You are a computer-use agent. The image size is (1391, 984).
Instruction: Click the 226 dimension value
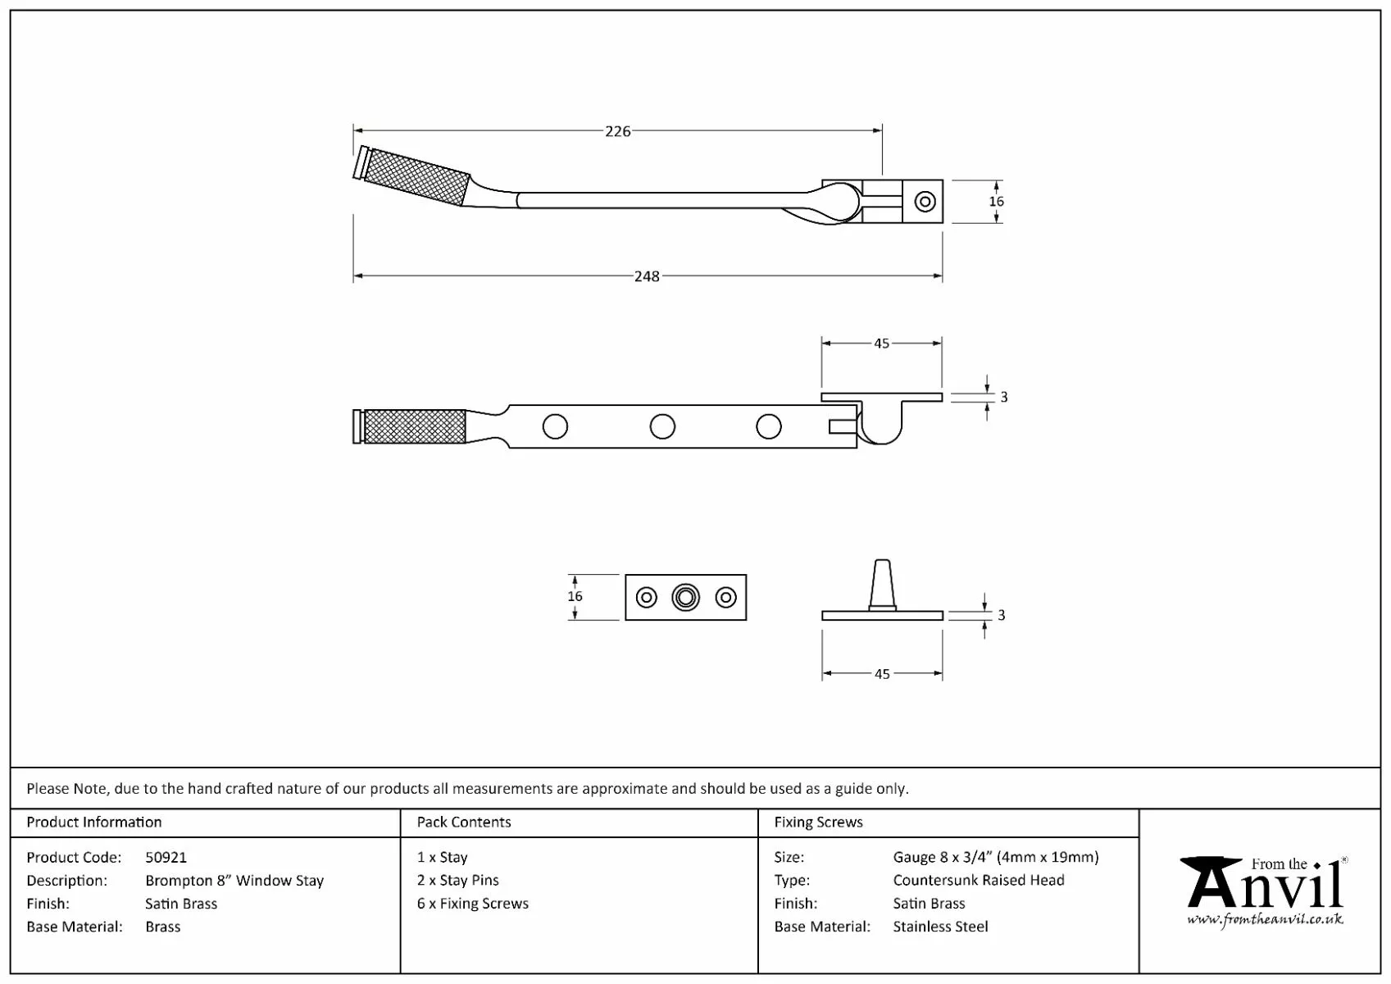tap(617, 131)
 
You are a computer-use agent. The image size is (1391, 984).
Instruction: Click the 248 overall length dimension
tap(647, 276)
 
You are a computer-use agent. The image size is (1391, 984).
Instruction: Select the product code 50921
tap(166, 857)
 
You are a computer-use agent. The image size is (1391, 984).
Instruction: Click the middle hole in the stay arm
tap(662, 426)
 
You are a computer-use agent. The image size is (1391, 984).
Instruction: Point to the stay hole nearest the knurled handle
tap(555, 426)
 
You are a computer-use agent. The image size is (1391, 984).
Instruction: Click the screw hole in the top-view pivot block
tap(925, 201)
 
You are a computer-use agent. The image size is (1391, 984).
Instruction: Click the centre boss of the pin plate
tap(685, 597)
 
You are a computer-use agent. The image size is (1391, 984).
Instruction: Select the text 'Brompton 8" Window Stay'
tap(234, 881)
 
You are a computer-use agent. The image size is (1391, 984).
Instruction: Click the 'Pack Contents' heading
tap(464, 822)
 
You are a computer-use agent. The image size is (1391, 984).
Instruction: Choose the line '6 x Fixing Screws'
tap(473, 904)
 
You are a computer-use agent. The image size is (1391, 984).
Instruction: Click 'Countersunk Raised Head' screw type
tap(979, 880)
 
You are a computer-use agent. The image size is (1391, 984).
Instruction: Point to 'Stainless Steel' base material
tap(940, 927)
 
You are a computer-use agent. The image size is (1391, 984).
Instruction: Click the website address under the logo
tap(1265, 919)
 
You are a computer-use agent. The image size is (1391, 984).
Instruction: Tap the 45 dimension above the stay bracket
tap(881, 344)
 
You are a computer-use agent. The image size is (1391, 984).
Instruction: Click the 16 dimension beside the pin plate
tap(575, 597)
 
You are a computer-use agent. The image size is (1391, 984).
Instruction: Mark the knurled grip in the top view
tap(416, 176)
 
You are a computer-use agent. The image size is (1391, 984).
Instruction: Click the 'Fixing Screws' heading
tap(818, 822)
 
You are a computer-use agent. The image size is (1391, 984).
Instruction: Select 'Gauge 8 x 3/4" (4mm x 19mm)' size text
tap(996, 857)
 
